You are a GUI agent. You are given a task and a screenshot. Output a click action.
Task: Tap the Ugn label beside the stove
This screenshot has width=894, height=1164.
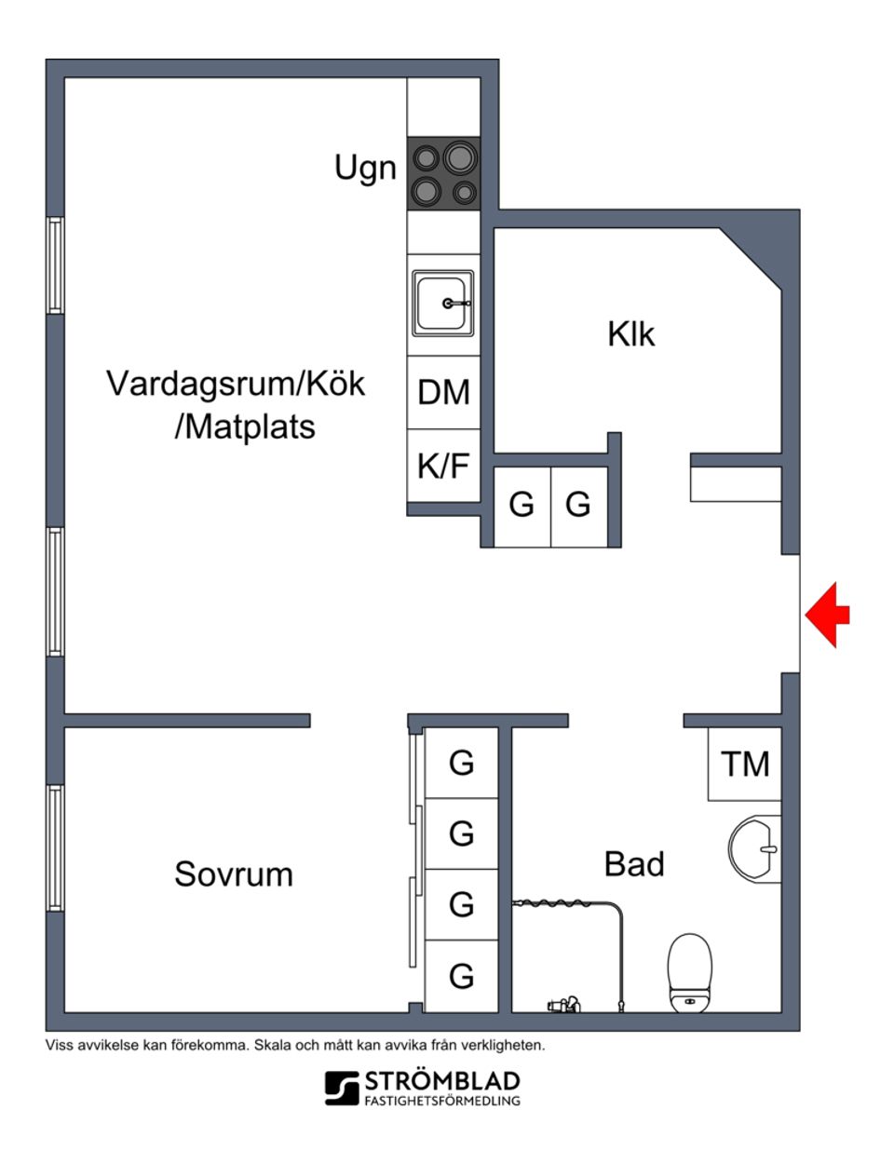(365, 169)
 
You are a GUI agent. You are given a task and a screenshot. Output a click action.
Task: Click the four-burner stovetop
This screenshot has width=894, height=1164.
(444, 173)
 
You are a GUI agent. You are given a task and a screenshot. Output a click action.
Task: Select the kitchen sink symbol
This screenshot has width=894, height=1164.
(443, 304)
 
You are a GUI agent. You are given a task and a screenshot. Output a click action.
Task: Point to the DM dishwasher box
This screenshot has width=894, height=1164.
(443, 392)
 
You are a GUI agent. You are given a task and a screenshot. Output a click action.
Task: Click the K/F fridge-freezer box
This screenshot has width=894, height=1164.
(443, 465)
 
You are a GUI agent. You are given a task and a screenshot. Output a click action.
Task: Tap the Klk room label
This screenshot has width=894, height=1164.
(630, 333)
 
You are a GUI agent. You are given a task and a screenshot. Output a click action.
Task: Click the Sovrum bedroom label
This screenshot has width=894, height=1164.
(233, 873)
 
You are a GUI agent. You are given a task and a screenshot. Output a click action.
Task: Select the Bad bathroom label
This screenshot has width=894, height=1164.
(634, 863)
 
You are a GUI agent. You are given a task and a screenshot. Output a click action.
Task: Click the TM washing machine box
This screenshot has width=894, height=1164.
(745, 764)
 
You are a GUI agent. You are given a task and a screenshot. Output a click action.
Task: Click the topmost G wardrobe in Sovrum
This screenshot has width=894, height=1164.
(461, 763)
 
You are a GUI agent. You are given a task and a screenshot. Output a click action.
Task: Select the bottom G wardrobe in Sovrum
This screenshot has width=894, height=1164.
(461, 976)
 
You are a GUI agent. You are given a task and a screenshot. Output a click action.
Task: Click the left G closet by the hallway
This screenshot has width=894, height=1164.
(521, 505)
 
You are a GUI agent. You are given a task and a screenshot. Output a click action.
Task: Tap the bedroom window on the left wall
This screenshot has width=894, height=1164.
(55, 847)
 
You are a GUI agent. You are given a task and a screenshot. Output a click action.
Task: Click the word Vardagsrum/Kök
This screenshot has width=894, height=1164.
(236, 383)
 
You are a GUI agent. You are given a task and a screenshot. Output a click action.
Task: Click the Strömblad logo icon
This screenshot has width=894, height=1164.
(342, 1087)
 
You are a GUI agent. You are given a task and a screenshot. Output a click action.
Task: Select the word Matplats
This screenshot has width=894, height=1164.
(246, 426)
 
